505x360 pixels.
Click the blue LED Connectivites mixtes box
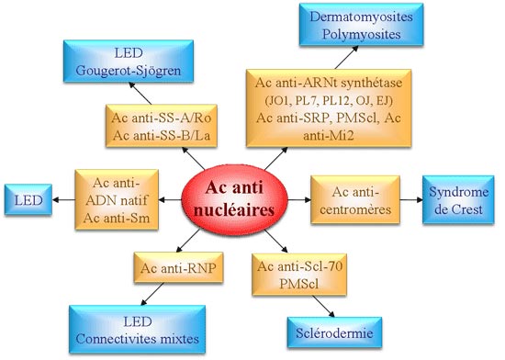[148, 326]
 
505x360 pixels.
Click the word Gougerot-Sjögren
[123, 72]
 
